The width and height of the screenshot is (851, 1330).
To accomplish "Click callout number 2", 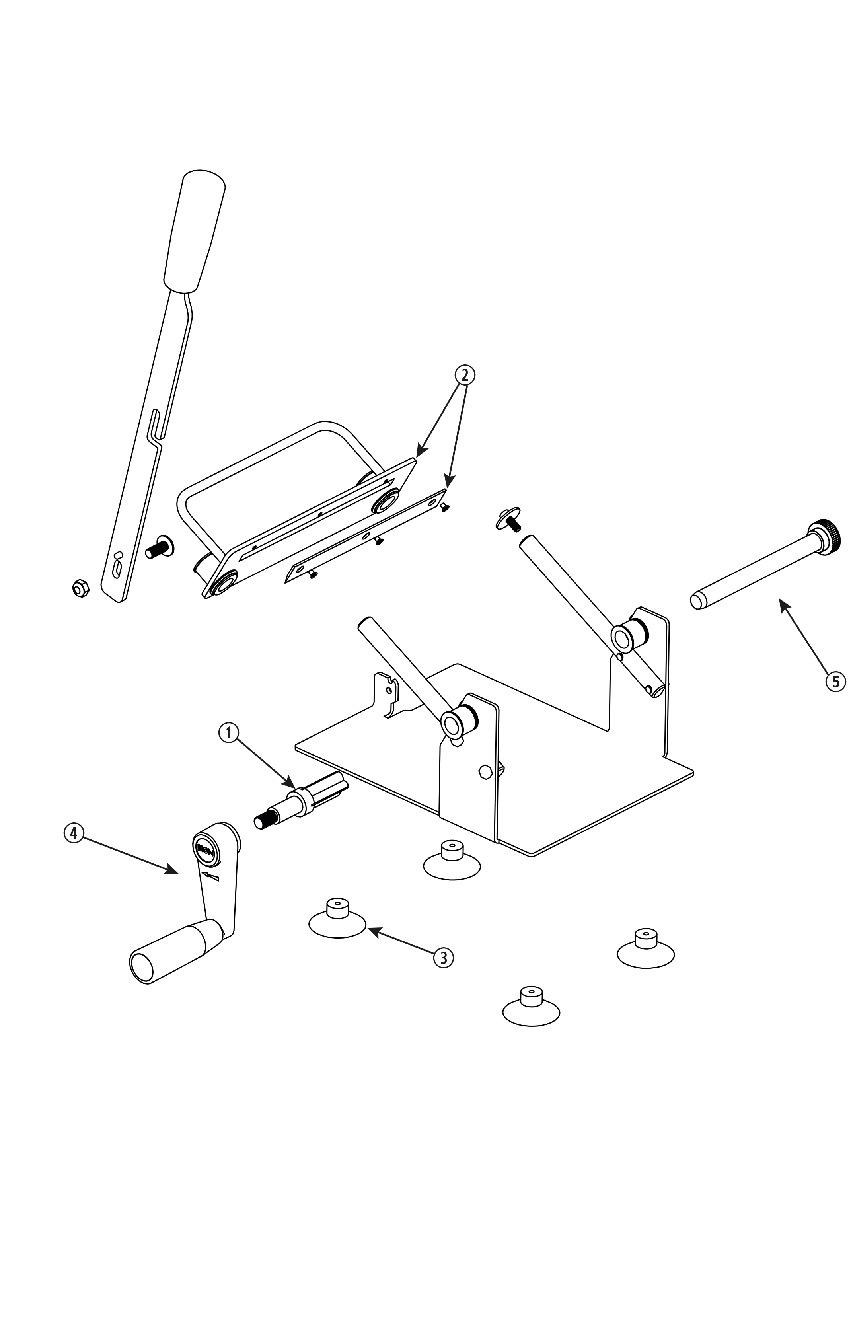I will [465, 375].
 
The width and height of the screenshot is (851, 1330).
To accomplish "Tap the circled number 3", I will [443, 957].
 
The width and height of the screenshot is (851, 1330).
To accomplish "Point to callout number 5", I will [835, 681].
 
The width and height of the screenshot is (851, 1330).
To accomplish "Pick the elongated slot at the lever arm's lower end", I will [117, 568].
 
